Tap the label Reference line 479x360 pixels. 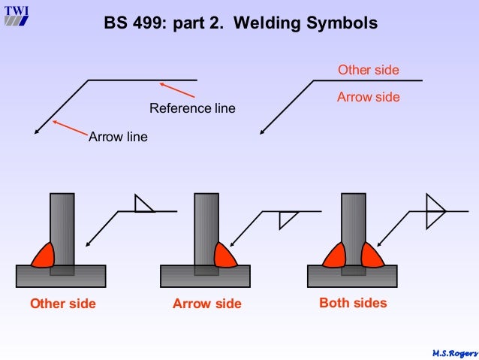[x=192, y=108]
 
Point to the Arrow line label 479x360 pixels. [x=118, y=137]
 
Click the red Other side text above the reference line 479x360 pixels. [x=368, y=71]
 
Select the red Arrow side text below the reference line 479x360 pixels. [x=368, y=97]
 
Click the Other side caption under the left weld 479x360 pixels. [x=63, y=304]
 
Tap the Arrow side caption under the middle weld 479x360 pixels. [x=207, y=304]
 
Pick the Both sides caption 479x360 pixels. [x=353, y=303]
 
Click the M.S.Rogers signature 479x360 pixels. [x=454, y=352]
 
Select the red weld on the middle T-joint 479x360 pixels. [x=224, y=256]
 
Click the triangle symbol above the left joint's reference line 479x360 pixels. [x=142, y=204]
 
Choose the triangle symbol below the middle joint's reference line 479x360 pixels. [x=286, y=219]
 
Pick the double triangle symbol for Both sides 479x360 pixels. [x=434, y=211]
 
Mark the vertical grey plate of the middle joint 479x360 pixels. [x=206, y=225]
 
